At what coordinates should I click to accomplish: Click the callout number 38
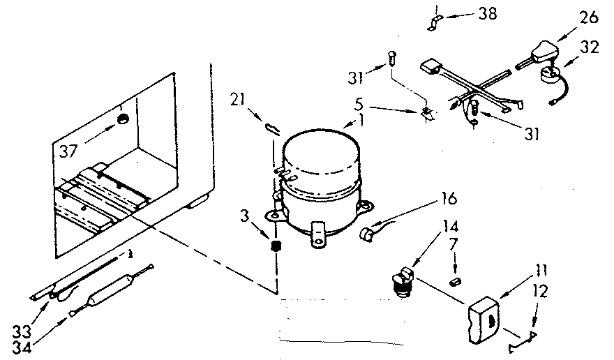pos(488,13)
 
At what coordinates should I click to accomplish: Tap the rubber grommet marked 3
pos(276,246)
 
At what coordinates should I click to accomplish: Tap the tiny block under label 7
pos(455,281)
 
